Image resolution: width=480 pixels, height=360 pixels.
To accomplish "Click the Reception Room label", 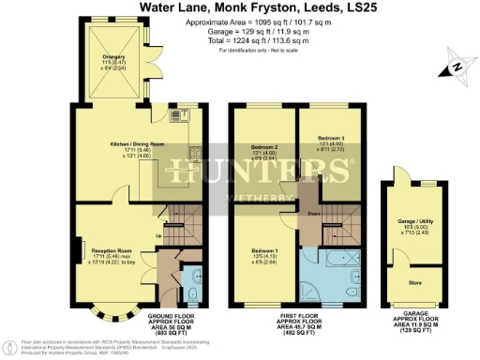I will point(110,251).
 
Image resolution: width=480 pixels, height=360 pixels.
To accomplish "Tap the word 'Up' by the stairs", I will point(157,235).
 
